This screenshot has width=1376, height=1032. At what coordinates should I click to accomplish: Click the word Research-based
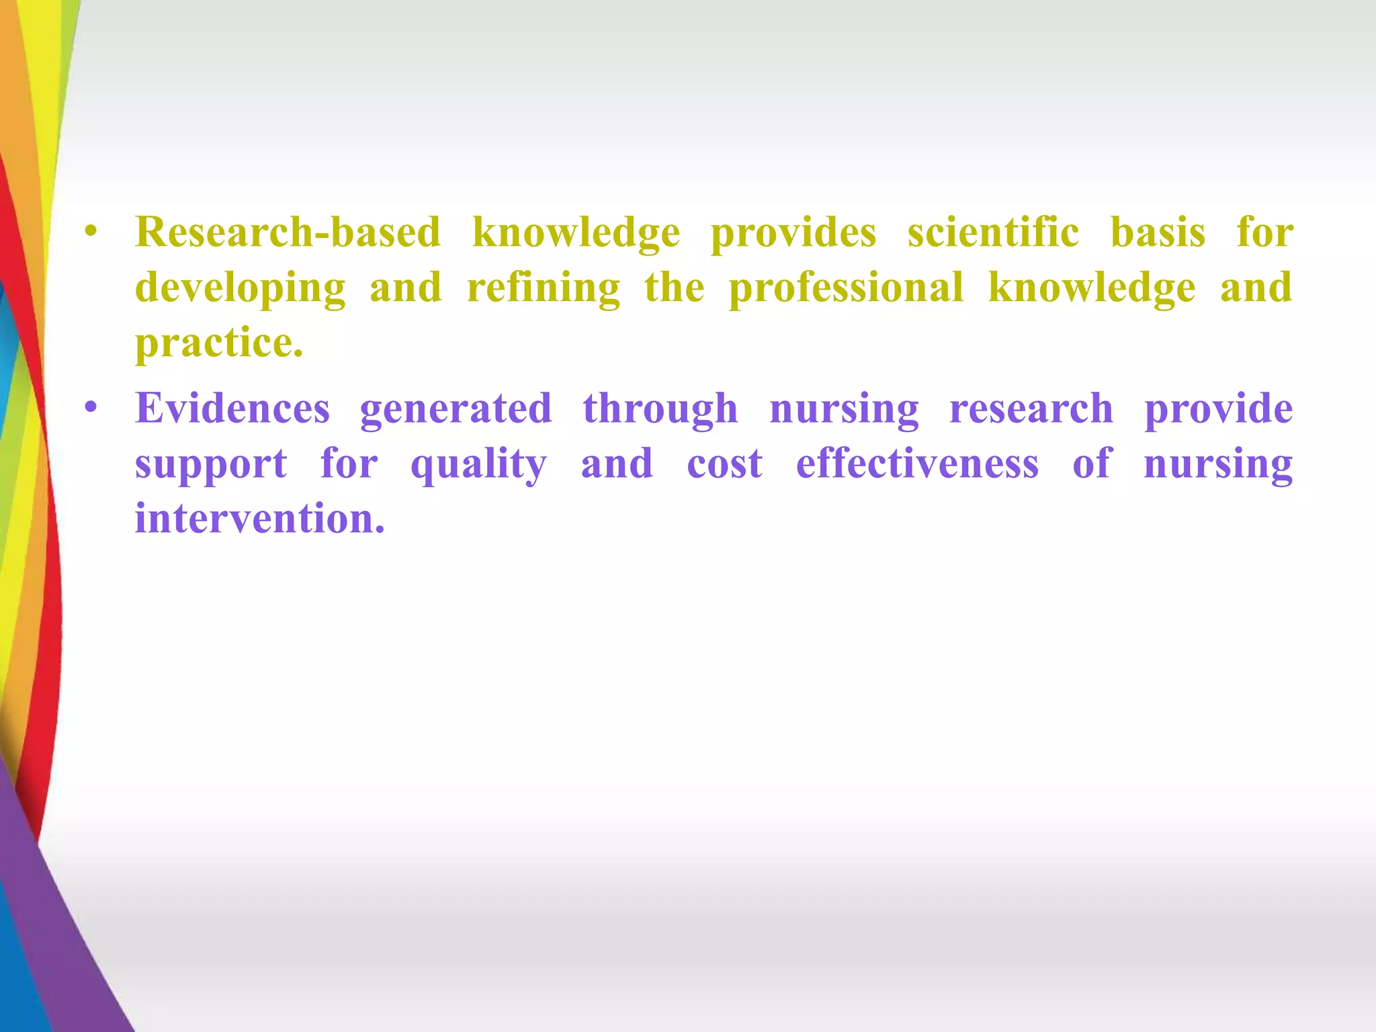point(288,232)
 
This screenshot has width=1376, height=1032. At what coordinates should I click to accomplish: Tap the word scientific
point(993,232)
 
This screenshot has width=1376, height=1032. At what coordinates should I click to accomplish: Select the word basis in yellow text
point(1158,232)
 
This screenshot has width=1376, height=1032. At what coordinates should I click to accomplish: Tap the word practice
point(219,343)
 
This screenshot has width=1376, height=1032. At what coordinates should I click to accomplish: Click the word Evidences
point(232,408)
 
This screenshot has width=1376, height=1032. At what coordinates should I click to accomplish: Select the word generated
point(456,408)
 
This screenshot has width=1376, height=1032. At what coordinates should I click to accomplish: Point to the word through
point(660,410)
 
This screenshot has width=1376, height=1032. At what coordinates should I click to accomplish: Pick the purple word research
point(1031,408)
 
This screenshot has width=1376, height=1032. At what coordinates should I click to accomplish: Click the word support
point(211,465)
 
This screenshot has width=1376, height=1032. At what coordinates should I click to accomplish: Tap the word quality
point(478,465)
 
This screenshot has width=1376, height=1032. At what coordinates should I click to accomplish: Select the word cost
point(724,464)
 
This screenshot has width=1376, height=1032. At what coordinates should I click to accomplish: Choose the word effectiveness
point(917,464)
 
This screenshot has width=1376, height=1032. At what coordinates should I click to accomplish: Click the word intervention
point(260,519)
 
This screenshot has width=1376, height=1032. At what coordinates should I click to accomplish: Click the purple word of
point(1092,464)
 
